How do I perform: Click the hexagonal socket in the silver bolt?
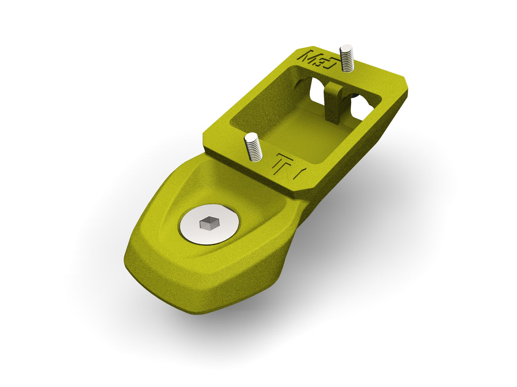click(209, 223)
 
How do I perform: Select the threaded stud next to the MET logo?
click(347, 59)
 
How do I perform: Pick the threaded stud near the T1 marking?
click(253, 147)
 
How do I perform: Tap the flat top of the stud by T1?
click(251, 136)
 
